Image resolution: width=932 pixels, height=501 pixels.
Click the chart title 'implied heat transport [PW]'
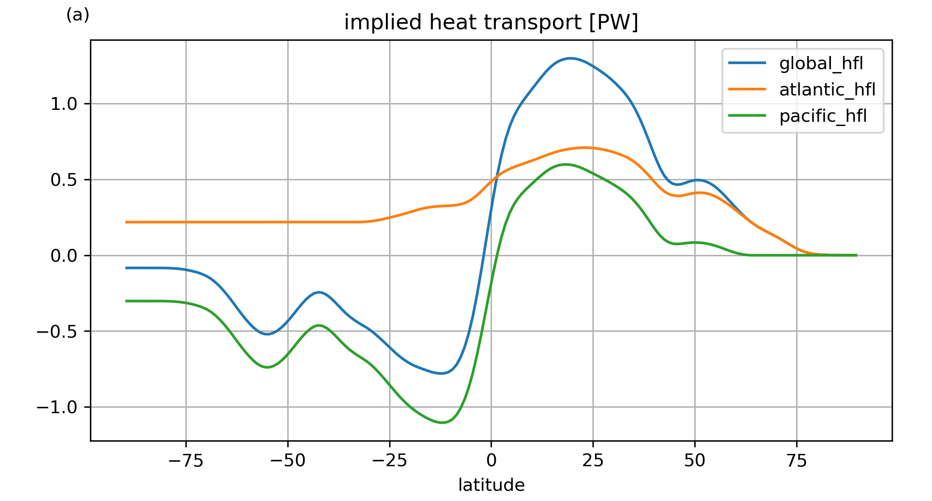click(491, 22)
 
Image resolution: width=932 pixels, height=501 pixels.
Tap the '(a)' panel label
click(78, 15)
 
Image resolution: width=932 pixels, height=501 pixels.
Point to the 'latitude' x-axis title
click(491, 485)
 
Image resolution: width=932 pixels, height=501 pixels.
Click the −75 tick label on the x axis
click(186, 460)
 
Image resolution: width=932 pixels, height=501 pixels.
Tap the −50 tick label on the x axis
click(288, 460)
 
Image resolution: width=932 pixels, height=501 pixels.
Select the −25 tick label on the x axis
click(390, 460)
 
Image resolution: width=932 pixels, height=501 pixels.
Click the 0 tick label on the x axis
click(491, 460)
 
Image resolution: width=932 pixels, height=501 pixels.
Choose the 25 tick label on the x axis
click(593, 460)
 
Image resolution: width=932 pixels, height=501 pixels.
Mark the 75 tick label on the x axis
click(797, 460)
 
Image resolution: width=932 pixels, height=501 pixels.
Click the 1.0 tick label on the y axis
click(64, 104)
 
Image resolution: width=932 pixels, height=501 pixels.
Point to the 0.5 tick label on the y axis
click(64, 180)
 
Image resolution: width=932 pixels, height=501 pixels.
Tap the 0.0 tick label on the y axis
click(64, 256)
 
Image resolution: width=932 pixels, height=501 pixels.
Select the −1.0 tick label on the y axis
click(57, 407)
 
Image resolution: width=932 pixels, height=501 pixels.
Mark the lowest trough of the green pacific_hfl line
click(442, 423)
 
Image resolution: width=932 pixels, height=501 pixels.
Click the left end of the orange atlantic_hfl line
click(126, 222)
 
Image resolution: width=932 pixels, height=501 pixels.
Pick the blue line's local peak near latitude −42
click(319, 292)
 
